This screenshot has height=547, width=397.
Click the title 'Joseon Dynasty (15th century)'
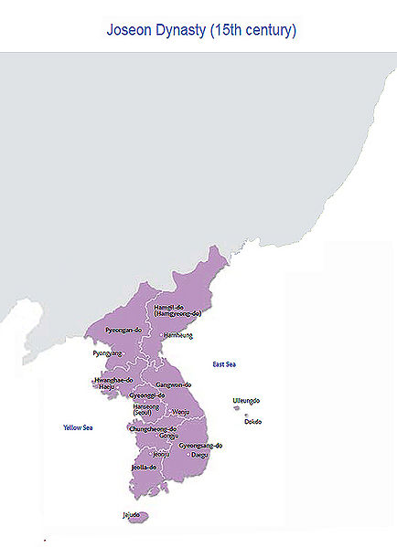point(201,30)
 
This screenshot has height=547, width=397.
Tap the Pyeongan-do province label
point(123,330)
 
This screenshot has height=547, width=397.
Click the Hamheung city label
point(178,335)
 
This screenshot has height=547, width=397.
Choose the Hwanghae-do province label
point(114,380)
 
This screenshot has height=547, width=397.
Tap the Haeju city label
point(107,387)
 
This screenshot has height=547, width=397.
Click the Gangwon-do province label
point(173,386)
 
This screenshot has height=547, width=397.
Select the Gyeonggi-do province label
point(147,395)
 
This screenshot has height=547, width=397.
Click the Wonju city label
point(181,412)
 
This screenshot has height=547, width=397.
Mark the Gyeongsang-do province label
point(200,446)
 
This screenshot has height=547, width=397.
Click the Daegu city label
point(199,455)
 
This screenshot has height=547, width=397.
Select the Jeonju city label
point(161,454)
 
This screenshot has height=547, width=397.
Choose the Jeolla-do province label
point(145,467)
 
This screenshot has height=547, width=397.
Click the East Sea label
point(224,365)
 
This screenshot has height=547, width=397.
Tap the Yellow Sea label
point(78,427)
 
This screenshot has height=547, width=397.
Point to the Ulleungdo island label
point(246,401)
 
